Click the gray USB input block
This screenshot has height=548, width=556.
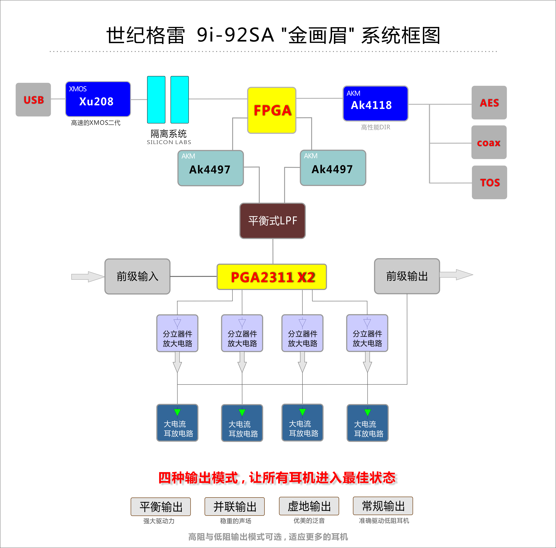(x=33, y=100)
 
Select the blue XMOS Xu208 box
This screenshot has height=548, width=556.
(x=98, y=99)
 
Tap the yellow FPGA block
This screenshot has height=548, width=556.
(x=272, y=110)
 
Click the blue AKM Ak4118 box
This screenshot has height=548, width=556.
(x=375, y=103)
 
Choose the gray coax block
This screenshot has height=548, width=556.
(x=489, y=142)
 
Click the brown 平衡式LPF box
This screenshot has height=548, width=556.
(x=273, y=221)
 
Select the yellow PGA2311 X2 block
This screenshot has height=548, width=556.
(x=272, y=277)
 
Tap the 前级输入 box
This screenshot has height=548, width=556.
(x=137, y=276)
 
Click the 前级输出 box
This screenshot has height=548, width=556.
(x=407, y=276)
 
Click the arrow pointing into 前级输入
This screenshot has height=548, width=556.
(x=88, y=277)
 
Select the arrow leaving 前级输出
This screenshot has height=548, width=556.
(x=456, y=275)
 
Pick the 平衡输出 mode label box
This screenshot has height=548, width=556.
(x=161, y=507)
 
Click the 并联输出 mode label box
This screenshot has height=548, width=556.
(x=235, y=506)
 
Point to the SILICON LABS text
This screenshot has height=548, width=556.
(x=169, y=142)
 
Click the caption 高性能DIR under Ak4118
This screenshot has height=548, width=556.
(x=376, y=127)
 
